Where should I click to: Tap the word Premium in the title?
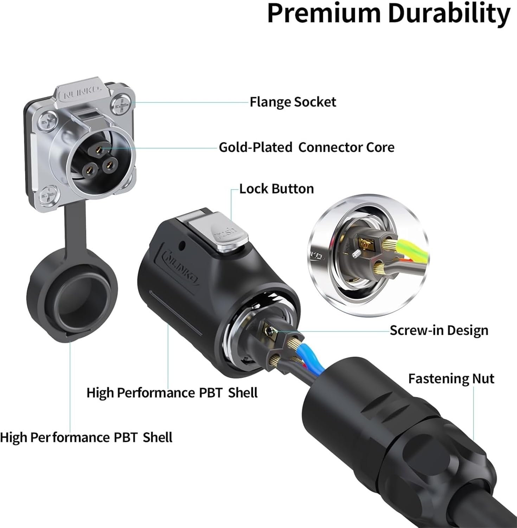(324, 13)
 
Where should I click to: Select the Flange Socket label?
(293, 102)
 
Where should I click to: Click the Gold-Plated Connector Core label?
(306, 147)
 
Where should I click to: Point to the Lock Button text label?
(276, 189)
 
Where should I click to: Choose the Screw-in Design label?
(439, 331)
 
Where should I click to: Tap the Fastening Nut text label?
(451, 379)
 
